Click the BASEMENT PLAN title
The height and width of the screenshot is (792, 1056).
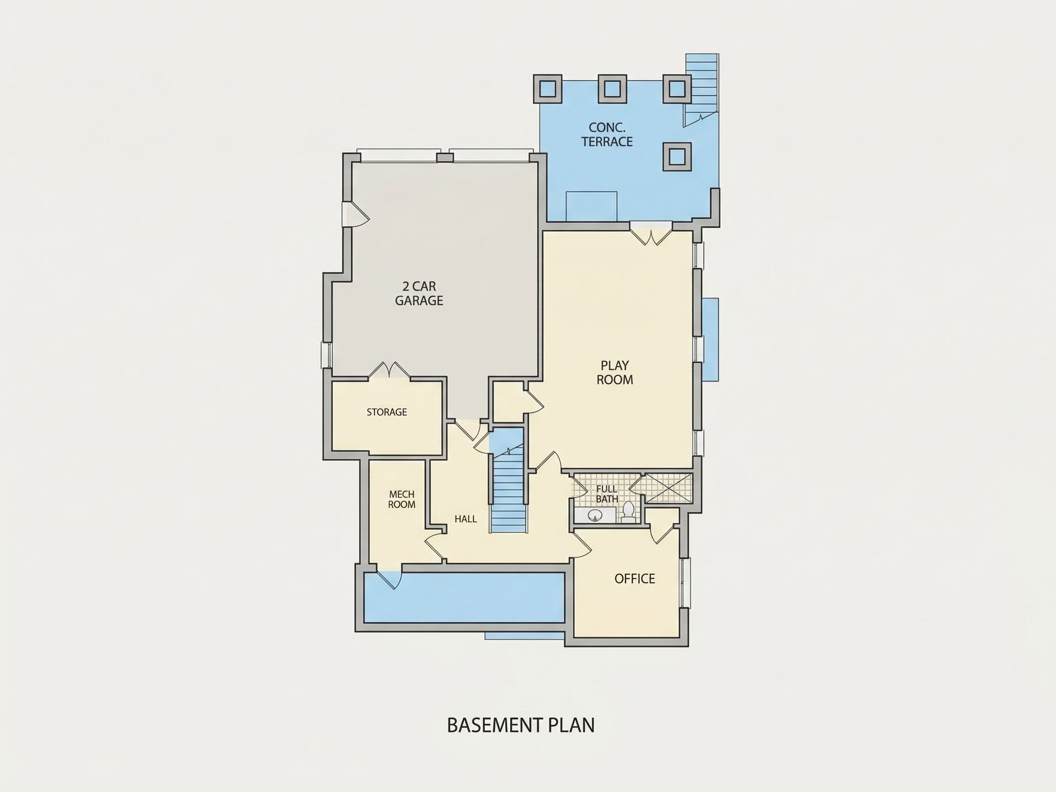521,725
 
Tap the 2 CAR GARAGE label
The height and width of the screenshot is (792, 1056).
419,293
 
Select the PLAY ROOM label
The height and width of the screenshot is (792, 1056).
615,372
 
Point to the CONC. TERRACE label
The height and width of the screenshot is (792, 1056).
607,135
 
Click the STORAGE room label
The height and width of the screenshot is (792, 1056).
387,412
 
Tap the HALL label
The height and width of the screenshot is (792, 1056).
466,519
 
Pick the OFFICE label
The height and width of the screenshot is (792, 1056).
634,578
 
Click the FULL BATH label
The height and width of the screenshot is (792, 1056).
607,494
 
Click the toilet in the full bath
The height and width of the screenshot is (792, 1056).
628,511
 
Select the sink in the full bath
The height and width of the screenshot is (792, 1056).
595,515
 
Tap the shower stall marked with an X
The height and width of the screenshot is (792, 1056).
668,489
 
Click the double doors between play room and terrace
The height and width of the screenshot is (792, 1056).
651,234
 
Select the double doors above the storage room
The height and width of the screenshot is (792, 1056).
390,370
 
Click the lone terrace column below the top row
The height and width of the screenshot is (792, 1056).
677,157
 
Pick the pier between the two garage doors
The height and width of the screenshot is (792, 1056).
445,158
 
